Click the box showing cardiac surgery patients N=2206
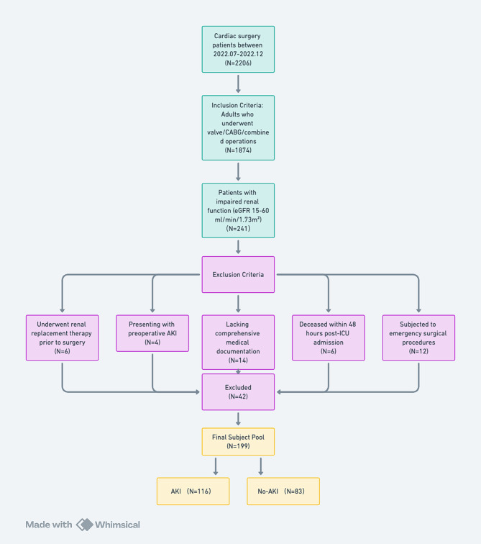(238, 48)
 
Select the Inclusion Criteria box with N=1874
(238, 127)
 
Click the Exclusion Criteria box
(238, 275)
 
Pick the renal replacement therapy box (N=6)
(62, 337)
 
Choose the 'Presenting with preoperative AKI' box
(152, 333)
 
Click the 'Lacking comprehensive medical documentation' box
(238, 342)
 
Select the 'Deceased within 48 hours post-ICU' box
(328, 337)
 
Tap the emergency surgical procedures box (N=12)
(418, 337)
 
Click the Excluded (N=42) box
(238, 391)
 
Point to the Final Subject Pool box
(238, 441)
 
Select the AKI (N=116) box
(193, 491)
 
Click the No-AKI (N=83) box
(283, 491)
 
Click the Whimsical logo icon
(85, 525)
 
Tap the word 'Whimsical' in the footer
(119, 525)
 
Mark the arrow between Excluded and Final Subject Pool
(238, 418)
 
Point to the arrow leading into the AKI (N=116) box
(216, 466)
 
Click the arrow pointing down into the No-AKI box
(260, 466)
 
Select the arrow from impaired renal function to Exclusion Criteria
(238, 248)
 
